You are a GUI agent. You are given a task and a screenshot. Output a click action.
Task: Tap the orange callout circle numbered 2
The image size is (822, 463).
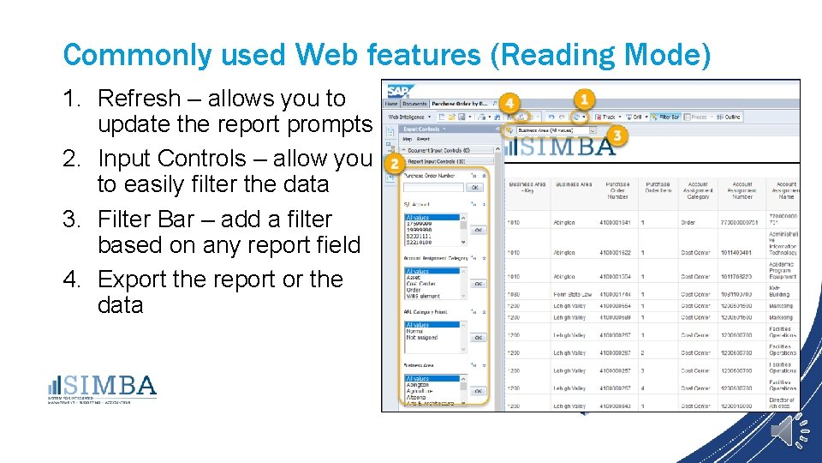tap(395, 163)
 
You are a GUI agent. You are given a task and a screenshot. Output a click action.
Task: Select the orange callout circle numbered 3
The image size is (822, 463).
tap(618, 136)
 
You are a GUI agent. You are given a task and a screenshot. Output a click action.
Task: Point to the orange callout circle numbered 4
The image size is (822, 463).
tap(510, 104)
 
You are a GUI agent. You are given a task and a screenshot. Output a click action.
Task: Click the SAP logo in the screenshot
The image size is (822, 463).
tap(399, 91)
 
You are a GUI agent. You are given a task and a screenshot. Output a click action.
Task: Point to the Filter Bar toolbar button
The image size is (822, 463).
tap(667, 117)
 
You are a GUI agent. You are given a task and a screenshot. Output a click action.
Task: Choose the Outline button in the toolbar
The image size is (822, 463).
tap(729, 117)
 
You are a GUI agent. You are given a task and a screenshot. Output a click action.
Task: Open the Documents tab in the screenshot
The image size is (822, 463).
tap(414, 103)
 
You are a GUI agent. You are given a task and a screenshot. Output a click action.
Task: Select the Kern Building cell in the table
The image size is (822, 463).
tap(782, 291)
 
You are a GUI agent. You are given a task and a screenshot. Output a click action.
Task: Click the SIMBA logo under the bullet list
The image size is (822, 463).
tap(102, 387)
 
